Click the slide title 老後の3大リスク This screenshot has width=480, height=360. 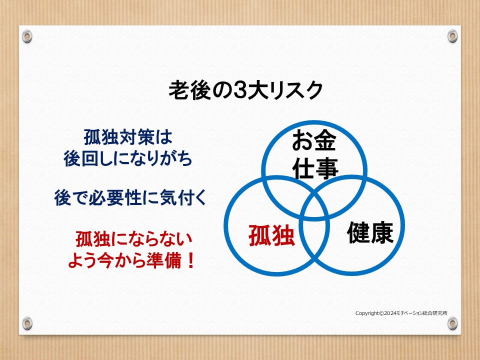click(246, 90)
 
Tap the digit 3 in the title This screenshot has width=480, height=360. click(239, 90)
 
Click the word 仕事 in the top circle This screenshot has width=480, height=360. click(315, 168)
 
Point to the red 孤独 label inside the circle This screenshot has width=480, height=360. click(271, 235)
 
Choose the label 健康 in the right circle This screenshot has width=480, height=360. click(370, 232)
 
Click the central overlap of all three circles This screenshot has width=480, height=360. click(314, 210)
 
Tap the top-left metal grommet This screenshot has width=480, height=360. click(27, 36)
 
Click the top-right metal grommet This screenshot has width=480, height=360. click(452, 36)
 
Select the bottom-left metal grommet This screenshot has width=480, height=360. click(27, 323)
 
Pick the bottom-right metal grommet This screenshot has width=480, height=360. click(452, 323)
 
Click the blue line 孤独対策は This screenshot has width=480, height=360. click(128, 137)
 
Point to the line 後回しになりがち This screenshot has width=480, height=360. click(128, 158)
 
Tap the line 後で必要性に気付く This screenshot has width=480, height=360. click(130, 197)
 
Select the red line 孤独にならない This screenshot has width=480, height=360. click(134, 239)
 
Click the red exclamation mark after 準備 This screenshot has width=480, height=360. click(190, 260)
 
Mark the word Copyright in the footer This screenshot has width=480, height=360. click(367, 313)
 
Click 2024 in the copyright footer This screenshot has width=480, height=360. click(390, 313)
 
